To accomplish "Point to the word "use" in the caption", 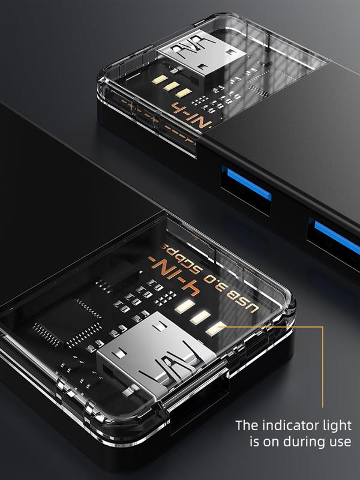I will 339,443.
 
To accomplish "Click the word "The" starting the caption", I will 246,425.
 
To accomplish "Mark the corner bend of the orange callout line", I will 323,327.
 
